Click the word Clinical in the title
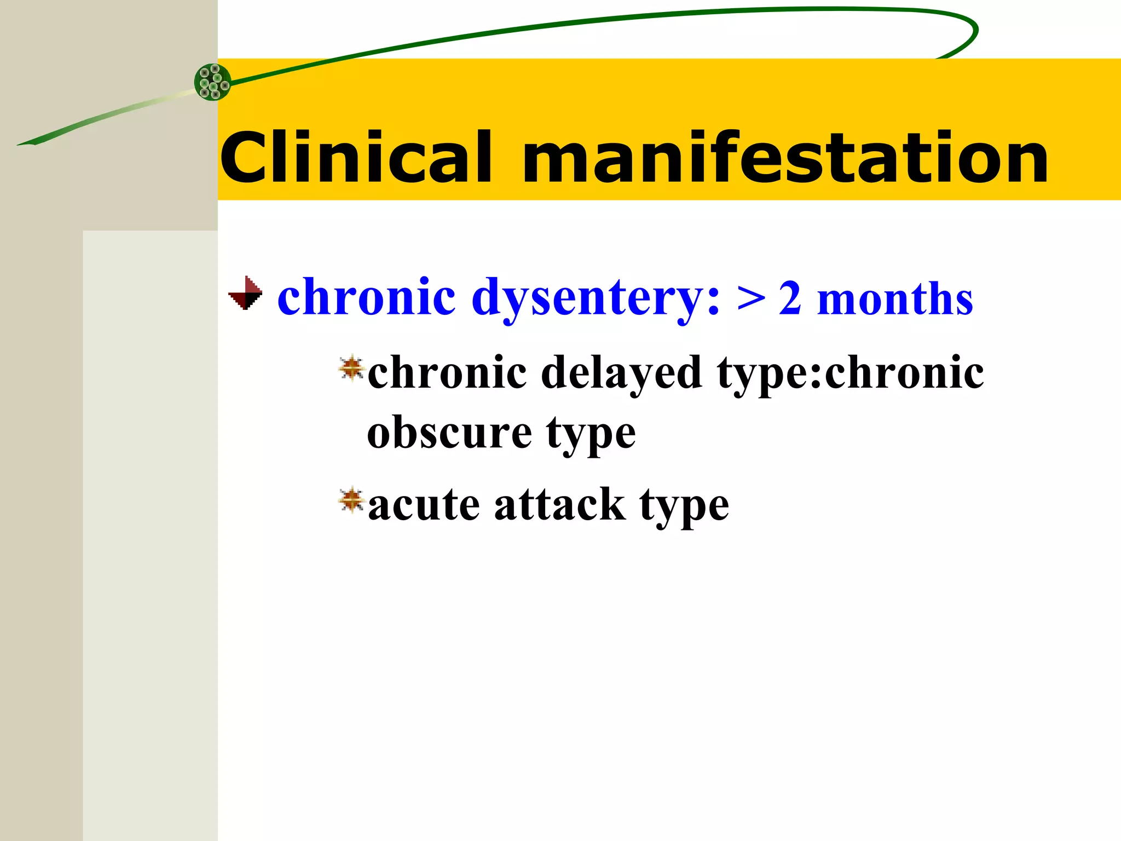click(356, 159)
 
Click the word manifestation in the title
click(785, 159)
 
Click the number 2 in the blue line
click(790, 298)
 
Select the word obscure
click(449, 433)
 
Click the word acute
click(424, 505)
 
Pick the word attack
click(559, 505)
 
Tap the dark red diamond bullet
click(245, 293)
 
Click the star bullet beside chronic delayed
click(351, 367)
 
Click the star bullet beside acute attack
click(351, 500)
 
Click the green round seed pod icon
click(212, 82)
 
